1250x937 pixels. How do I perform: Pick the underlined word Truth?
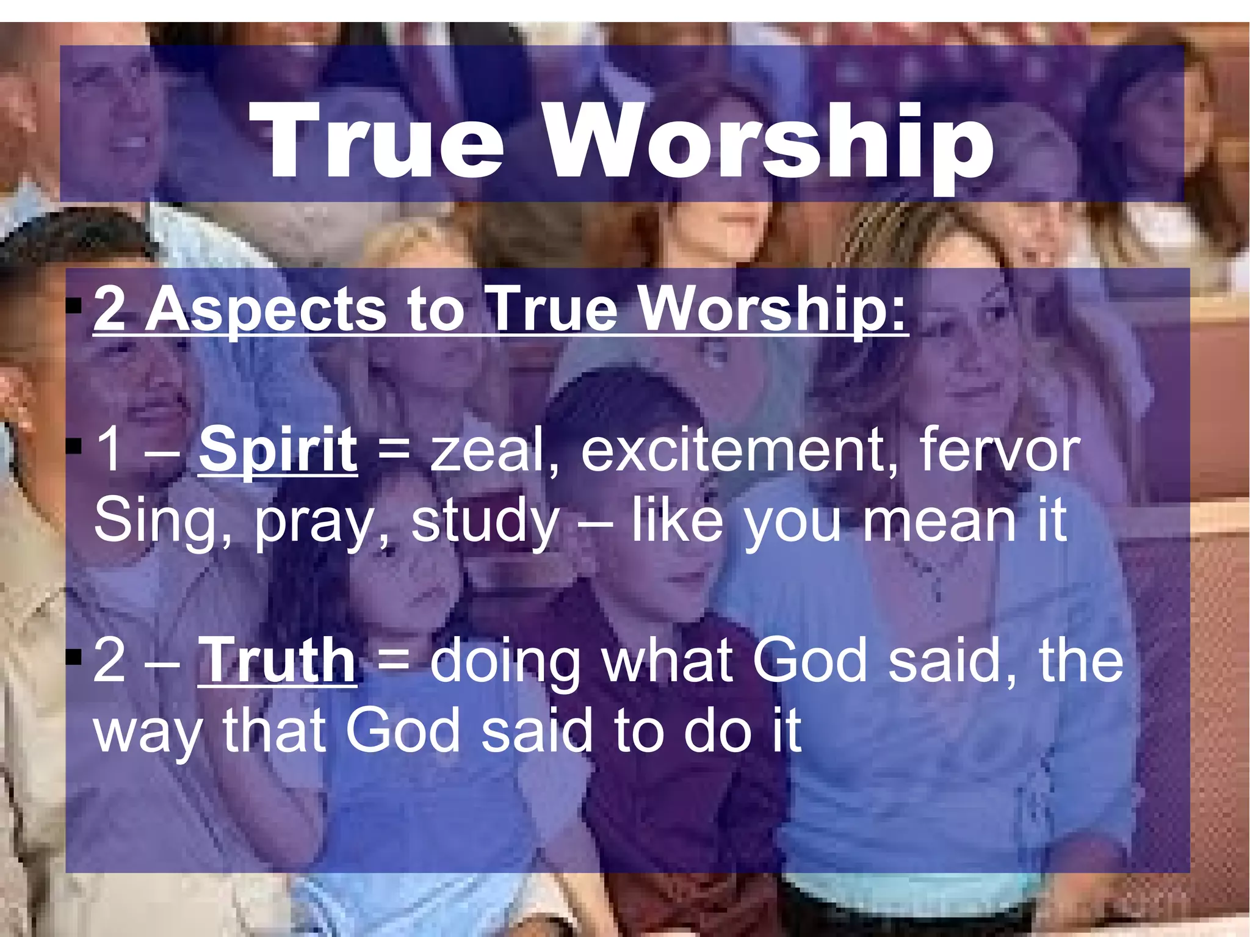point(277,660)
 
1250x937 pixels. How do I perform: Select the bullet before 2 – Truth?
point(74,657)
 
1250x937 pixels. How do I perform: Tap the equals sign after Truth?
point(394,662)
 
